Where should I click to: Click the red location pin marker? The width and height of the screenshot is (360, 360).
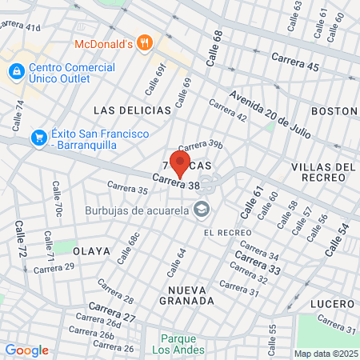pos(178,163)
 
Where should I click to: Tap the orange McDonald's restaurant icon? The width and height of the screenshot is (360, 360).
pos(144,42)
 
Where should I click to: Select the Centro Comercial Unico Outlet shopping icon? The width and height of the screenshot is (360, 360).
pos(16,72)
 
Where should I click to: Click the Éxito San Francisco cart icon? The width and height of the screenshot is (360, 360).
pos(38,138)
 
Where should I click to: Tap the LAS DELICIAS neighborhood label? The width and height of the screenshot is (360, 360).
pos(132,110)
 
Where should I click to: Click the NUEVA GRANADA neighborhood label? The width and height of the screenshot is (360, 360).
pos(191,294)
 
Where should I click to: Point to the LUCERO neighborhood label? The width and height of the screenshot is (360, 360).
pos(332,304)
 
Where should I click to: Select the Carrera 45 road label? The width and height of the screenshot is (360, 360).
pos(295,59)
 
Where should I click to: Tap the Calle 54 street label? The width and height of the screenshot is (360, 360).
pos(338,240)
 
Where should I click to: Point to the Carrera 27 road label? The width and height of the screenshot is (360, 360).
pos(112,312)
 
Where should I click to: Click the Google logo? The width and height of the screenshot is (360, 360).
pos(26,350)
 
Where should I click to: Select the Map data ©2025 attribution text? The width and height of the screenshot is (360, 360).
pos(325,354)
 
